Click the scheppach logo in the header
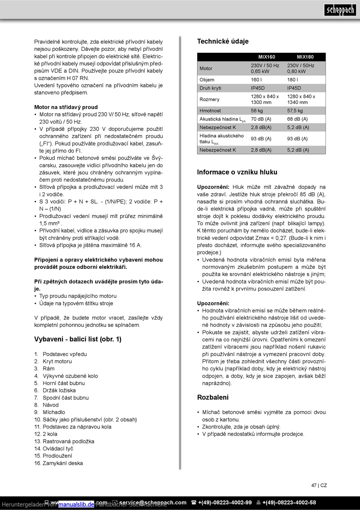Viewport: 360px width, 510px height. [x=340, y=10]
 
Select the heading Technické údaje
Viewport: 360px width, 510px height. [x=223, y=41]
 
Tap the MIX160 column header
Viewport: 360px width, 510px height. [x=266, y=57]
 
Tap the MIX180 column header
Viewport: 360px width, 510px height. [x=305, y=57]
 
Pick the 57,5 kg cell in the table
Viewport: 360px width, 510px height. [x=295, y=111]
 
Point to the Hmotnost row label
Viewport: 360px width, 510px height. [x=210, y=111]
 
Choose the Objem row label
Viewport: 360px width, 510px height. [x=207, y=80]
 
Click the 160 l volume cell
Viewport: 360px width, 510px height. [x=256, y=80]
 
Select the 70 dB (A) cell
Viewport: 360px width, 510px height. [x=261, y=119]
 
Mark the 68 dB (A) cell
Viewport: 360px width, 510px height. [x=297, y=119]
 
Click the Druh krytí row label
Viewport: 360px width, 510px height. [x=210, y=88]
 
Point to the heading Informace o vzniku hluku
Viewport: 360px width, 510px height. [x=237, y=172]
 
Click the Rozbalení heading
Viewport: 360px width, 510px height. [x=213, y=397]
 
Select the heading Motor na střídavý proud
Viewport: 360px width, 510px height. [x=66, y=107]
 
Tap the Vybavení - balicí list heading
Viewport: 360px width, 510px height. [x=78, y=339]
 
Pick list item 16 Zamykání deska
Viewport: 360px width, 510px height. [x=58, y=463]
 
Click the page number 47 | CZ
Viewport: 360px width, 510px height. [x=319, y=485]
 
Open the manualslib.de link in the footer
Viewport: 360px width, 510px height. [x=76, y=504]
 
